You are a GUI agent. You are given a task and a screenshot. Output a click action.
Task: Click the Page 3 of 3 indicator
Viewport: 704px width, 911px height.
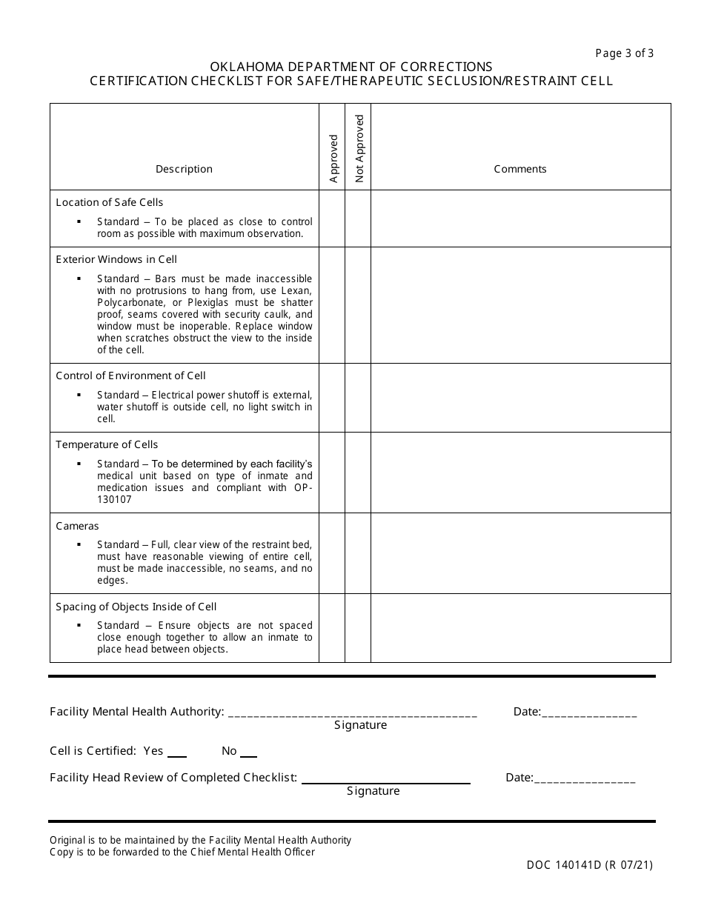pos(624,53)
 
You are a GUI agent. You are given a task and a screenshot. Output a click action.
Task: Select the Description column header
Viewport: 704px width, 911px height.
pos(184,169)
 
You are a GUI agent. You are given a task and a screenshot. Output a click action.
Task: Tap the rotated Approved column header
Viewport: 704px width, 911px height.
pos(333,158)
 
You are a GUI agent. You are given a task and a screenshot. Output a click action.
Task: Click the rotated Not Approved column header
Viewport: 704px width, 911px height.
pos(359,148)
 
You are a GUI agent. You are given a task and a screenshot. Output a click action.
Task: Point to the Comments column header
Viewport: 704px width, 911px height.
pos(520,169)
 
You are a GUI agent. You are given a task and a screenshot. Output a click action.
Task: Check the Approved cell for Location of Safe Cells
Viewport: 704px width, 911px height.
pos(332,218)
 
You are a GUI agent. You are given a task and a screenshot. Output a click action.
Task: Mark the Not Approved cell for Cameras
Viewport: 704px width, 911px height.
pos(358,553)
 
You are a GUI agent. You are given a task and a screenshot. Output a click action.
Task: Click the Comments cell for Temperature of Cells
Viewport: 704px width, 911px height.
pos(520,473)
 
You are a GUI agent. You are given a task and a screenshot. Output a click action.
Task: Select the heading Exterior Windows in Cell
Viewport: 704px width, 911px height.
pos(116,259)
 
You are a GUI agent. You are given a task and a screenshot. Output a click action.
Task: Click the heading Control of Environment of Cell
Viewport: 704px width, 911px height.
pos(130,376)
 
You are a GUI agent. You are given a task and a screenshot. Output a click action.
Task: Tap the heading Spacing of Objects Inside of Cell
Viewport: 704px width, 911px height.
pos(136,607)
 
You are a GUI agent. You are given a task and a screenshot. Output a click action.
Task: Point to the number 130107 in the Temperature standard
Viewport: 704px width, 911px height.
pos(115,500)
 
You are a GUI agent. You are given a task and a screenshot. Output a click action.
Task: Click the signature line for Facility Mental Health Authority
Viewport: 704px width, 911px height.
pos(353,713)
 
